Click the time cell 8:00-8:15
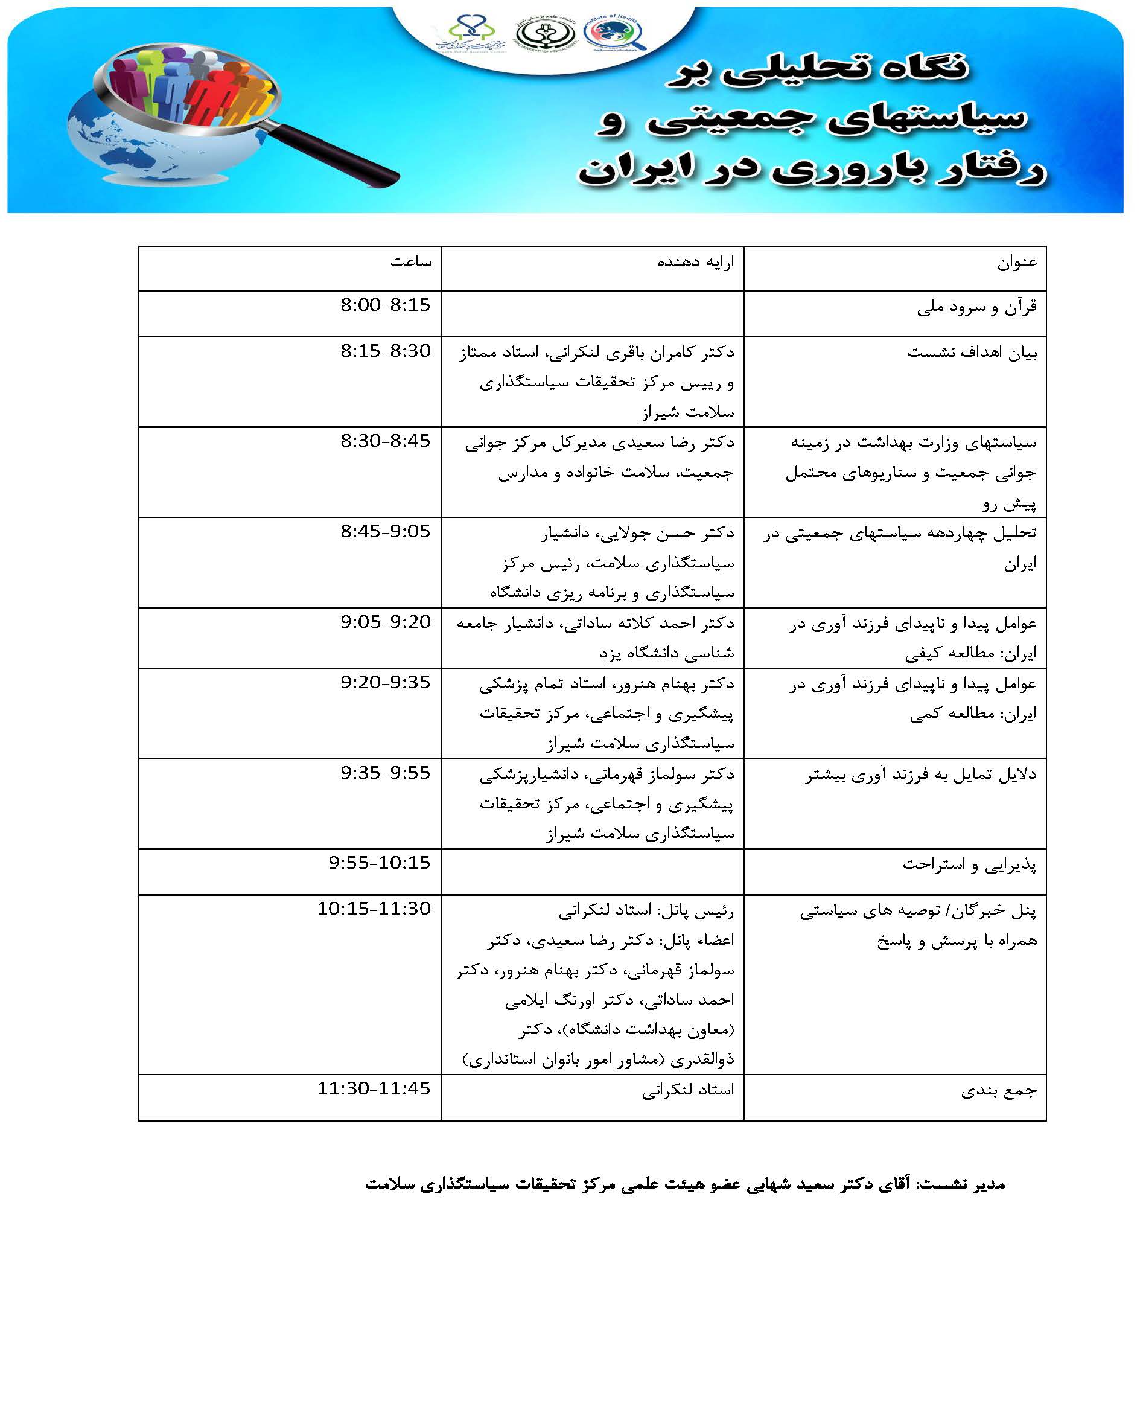[x=385, y=305]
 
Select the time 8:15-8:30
[x=385, y=351]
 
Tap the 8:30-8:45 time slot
[x=385, y=441]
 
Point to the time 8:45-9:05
[x=385, y=531]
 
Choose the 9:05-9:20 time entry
[x=385, y=622]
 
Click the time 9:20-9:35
[x=385, y=682]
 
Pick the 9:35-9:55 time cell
[x=385, y=773]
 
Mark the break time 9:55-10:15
[x=379, y=863]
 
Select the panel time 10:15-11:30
[x=374, y=909]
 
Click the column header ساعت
[x=411, y=262]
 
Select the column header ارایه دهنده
[x=695, y=262]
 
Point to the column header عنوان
[x=1017, y=262]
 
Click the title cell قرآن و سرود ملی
[x=976, y=307]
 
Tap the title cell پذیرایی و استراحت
[x=969, y=864]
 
